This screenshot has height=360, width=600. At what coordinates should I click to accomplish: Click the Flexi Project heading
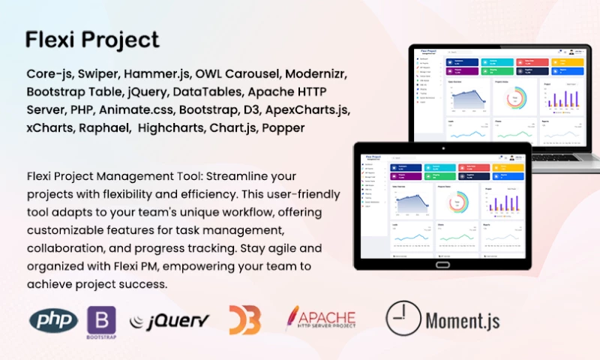[x=92, y=39]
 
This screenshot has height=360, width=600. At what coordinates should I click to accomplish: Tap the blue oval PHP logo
[x=53, y=320]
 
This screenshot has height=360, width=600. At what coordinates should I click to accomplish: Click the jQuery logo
[x=169, y=321]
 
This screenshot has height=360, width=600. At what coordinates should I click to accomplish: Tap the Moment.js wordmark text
[x=463, y=321]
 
